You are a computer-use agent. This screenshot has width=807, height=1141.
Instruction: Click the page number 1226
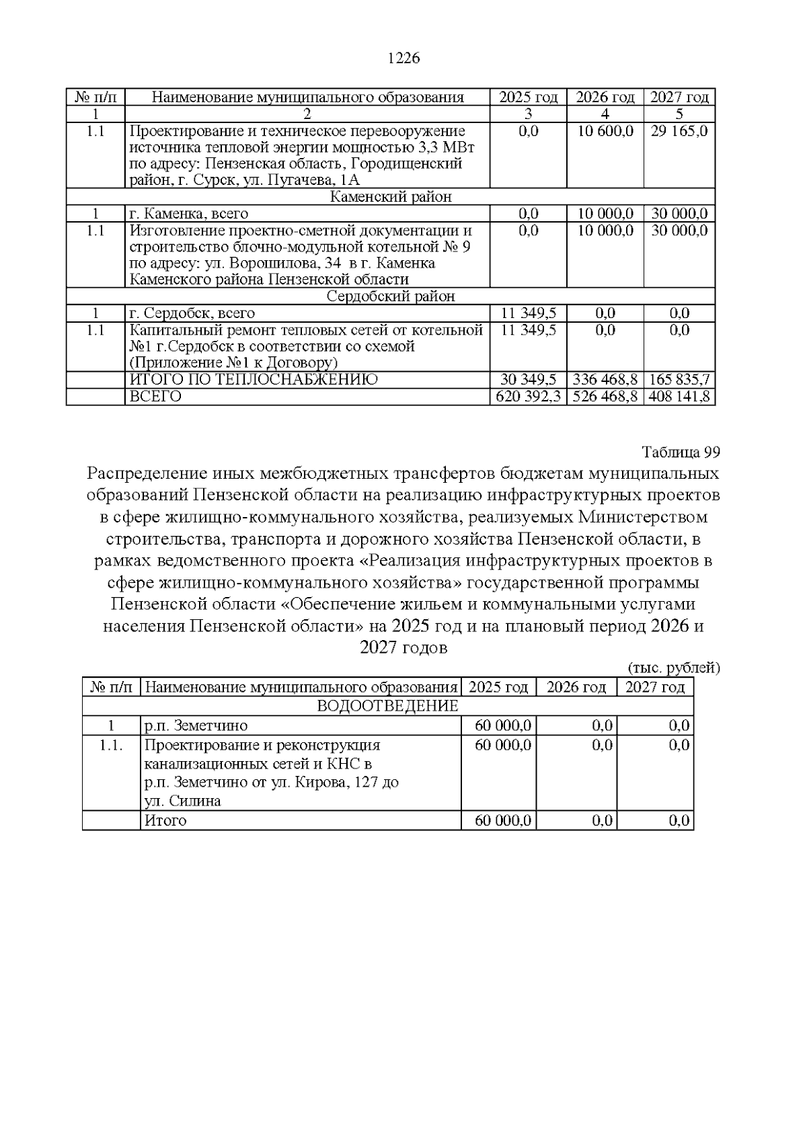(403, 58)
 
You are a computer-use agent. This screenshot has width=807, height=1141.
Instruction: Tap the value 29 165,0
(679, 131)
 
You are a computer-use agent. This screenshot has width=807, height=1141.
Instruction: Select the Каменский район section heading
(391, 197)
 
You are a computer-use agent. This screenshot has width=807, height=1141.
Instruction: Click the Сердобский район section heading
(391, 297)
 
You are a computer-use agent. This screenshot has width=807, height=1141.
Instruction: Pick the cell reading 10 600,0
(605, 131)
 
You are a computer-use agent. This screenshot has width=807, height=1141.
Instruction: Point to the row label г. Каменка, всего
(189, 214)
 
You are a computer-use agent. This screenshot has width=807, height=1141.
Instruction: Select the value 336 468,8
(605, 380)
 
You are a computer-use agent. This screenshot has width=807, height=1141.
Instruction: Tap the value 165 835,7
(679, 380)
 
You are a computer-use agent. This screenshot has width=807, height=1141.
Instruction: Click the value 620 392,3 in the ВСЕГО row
(528, 397)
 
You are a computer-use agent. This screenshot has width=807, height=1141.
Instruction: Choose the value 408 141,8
(679, 397)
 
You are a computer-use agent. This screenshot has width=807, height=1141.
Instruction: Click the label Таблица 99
(681, 451)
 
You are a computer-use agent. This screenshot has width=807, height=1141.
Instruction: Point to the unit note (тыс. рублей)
(674, 668)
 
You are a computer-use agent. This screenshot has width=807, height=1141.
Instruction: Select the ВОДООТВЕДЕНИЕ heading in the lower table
(387, 706)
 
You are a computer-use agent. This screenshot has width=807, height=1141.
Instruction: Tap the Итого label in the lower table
(165, 821)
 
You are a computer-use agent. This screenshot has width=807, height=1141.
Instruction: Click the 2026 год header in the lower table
(576, 687)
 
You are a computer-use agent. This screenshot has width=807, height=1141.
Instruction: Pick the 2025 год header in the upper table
(528, 97)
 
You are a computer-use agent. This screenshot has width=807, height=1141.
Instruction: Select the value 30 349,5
(528, 380)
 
